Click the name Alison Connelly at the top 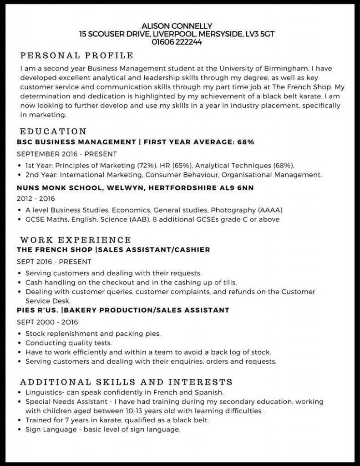177,26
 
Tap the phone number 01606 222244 177,42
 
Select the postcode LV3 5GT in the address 259,34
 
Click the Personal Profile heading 77,56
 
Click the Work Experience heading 76,239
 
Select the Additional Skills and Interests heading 126,382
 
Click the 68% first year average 245,142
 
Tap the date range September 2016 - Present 66,154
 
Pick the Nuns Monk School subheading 135,187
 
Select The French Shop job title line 113,250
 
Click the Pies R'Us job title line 123,310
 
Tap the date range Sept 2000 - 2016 47,322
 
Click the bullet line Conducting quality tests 68,343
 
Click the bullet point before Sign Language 19,430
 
